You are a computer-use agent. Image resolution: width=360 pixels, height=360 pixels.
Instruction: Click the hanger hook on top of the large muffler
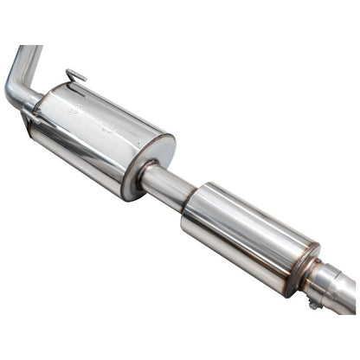[76, 76]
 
